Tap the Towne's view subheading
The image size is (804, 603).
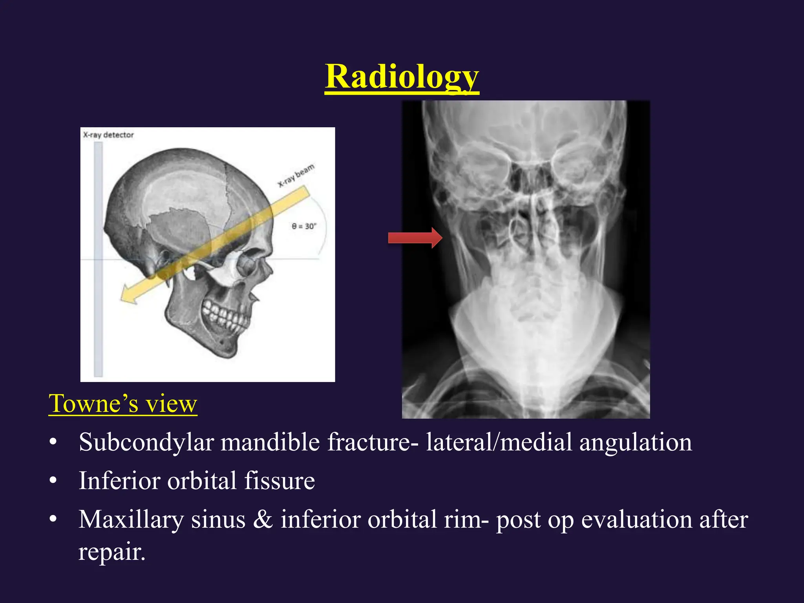pyautogui.click(x=122, y=404)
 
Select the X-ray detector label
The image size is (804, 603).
pyautogui.click(x=108, y=135)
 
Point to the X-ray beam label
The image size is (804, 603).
pyautogui.click(x=296, y=175)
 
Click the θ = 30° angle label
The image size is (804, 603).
pyautogui.click(x=303, y=227)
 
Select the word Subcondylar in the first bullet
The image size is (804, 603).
pyautogui.click(x=146, y=442)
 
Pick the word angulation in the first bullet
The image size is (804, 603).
pyautogui.click(x=636, y=442)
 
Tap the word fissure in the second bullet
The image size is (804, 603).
pyautogui.click(x=279, y=481)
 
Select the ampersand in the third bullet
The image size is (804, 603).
pyautogui.click(x=263, y=520)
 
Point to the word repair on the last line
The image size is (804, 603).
pyautogui.click(x=111, y=552)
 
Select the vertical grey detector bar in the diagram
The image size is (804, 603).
pyautogui.click(x=98, y=259)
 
